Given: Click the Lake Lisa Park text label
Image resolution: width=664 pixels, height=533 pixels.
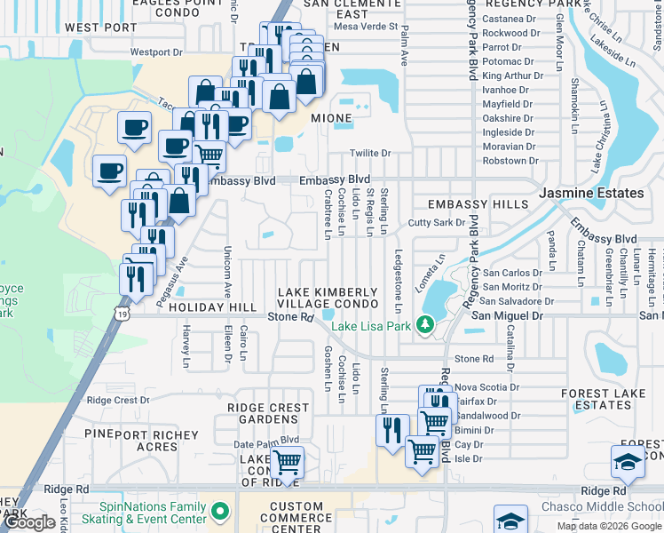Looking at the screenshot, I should point(374,327).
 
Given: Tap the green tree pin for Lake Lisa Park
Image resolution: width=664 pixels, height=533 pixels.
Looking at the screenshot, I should point(425,327).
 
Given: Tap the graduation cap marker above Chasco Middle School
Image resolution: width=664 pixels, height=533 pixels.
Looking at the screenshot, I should point(628,462).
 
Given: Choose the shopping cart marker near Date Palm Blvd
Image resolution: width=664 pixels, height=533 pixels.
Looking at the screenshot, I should point(287,462).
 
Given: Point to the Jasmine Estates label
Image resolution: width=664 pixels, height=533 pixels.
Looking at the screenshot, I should point(592,193).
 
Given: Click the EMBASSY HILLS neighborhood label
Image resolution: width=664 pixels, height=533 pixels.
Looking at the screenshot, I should point(477,204).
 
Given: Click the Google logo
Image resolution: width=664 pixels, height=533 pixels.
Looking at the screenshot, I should point(29,522).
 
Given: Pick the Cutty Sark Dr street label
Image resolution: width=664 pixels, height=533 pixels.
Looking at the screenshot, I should point(436,223).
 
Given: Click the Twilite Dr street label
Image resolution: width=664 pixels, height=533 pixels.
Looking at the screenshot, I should point(370,153).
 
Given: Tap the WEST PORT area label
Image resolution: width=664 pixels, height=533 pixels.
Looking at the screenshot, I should point(100,28).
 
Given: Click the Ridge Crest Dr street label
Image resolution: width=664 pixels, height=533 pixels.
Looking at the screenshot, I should point(118,401).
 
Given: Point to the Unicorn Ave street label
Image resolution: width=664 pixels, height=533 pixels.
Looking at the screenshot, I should point(227,272).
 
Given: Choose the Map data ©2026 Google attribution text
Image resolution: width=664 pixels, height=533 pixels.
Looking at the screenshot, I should point(608,526).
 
